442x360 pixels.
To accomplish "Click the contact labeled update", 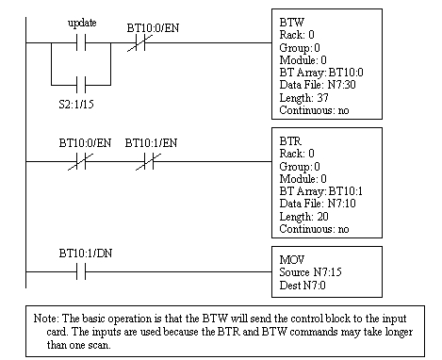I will click(x=81, y=43).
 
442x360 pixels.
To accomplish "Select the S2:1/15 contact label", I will click(x=80, y=97).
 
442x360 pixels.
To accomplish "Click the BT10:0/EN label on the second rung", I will click(x=78, y=143).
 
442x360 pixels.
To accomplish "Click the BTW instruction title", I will click(x=284, y=18).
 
